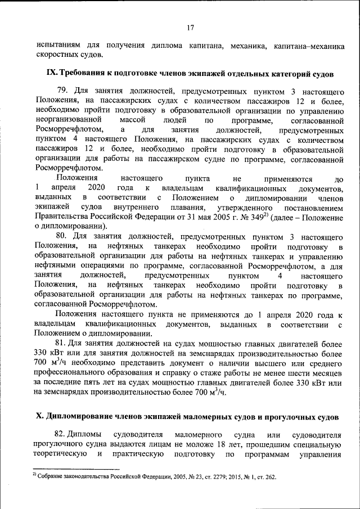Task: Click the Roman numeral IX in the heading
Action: (51, 74)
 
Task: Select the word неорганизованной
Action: (67, 120)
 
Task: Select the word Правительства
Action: (61, 216)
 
